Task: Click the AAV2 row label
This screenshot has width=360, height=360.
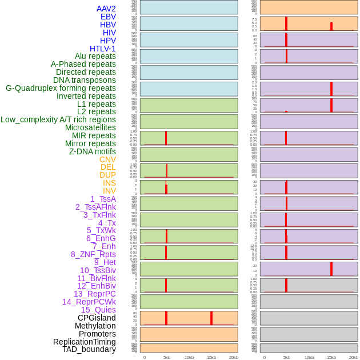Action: coord(106,9)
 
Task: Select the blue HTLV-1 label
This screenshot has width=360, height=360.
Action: coord(103,49)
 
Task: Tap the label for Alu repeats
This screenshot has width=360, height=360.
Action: coord(95,56)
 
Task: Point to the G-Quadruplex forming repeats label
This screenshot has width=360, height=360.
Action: coord(61,88)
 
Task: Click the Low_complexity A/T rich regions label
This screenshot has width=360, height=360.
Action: coord(58,119)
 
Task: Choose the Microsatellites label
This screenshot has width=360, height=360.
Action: coord(90,127)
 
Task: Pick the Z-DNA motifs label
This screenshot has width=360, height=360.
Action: coord(93,151)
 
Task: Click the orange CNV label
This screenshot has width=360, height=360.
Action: coord(107,159)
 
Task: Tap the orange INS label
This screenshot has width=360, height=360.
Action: coord(109,183)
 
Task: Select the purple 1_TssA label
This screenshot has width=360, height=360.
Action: coord(103,199)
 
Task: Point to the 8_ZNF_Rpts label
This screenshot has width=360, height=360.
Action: coord(93,254)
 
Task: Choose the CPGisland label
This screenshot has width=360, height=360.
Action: coord(97,318)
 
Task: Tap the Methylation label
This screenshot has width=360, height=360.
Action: coord(95,326)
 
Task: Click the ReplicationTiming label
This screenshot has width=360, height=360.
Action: coord(85,342)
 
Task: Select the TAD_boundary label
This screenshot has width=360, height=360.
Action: coord(89,349)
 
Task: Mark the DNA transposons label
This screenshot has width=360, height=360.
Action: coord(85,80)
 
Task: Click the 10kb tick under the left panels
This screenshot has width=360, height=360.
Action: coord(189,357)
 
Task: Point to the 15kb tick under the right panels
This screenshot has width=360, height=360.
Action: coord(331,357)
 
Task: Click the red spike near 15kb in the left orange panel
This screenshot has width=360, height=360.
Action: coord(211,318)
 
